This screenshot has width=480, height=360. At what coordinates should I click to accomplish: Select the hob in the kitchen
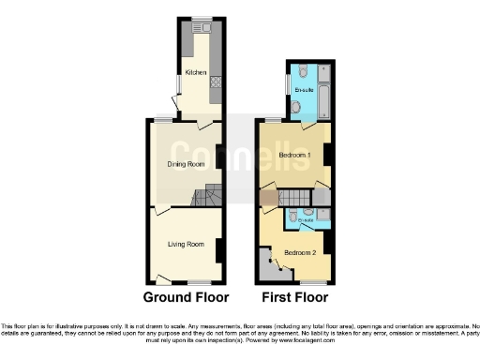(x=216, y=83)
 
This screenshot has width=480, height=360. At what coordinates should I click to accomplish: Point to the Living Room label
(x=186, y=245)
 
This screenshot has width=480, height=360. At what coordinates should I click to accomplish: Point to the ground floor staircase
(x=208, y=198)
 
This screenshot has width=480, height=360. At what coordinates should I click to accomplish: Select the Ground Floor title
(x=186, y=298)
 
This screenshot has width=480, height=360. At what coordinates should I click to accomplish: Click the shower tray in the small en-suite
(x=322, y=218)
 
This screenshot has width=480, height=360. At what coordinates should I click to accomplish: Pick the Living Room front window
(x=198, y=283)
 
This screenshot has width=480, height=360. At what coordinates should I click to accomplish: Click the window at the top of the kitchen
(x=202, y=19)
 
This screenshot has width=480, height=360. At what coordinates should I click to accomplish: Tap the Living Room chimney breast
(x=219, y=250)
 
